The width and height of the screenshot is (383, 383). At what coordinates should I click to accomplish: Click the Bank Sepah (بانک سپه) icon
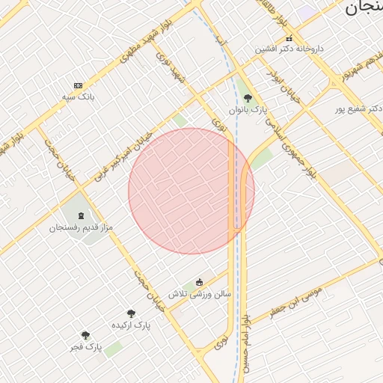[x=79, y=86]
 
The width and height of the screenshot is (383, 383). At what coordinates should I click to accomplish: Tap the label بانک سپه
[x=79, y=97]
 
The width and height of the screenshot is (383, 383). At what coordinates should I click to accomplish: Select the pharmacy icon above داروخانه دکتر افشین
[x=289, y=38]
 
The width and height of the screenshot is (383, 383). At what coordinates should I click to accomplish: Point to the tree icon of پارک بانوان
[x=248, y=98]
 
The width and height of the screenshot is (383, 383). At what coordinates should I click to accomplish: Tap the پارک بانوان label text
[x=248, y=110]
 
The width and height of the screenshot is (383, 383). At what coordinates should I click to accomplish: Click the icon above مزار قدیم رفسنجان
[x=81, y=215]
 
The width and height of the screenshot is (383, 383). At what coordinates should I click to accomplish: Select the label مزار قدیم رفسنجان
[x=79, y=227]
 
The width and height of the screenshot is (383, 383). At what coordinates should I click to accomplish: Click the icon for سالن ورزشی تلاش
[x=199, y=282]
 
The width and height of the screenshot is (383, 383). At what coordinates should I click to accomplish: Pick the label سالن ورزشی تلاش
[x=199, y=294]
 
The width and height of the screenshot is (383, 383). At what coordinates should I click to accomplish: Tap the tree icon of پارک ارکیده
[x=131, y=313]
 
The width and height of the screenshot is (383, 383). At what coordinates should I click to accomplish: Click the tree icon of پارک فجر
[x=85, y=335]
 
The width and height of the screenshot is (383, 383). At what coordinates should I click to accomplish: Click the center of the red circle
[x=191, y=191]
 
